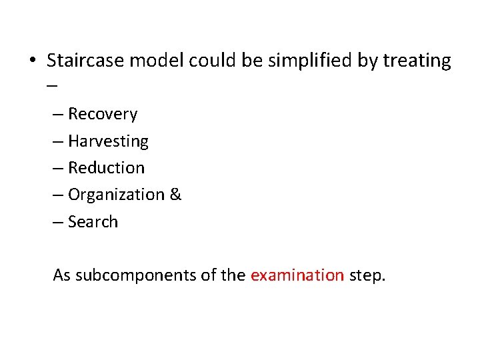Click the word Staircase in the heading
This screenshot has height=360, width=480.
coord(85,61)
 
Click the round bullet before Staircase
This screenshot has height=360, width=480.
coord(32,61)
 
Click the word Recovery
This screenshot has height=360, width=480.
coord(103,115)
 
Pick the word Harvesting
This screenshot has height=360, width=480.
coord(108,141)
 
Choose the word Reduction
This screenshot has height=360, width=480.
coord(106,168)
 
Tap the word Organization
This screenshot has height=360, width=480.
coord(117,195)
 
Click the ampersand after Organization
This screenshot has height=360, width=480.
coord(176,195)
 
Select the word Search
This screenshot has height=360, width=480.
coord(93,222)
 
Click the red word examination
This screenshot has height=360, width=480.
coord(297,275)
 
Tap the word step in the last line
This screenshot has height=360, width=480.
coord(367,275)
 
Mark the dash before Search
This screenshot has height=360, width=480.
coord(59,223)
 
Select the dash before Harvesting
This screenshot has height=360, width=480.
coord(59,142)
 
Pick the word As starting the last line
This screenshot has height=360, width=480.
coord(62,275)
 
